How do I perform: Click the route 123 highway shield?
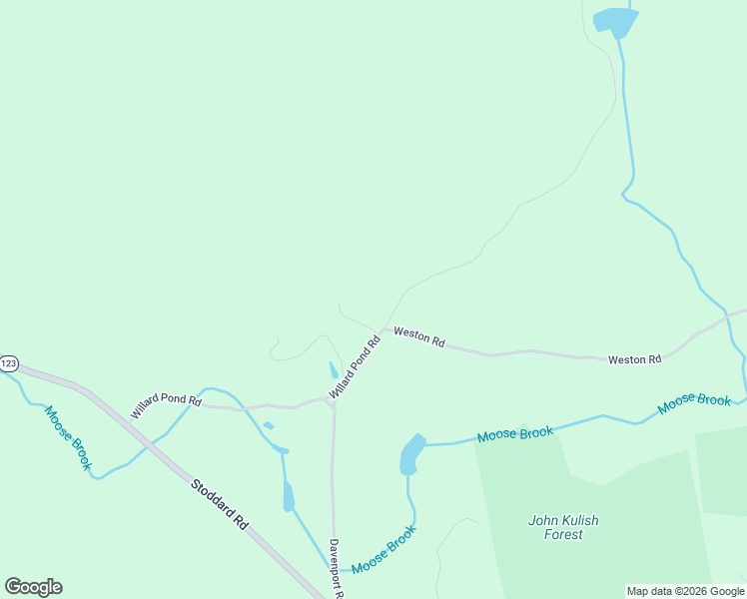(x=8, y=363)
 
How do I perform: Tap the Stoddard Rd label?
(x=219, y=502)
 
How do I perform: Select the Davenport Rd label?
(x=336, y=568)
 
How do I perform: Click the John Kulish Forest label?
(x=563, y=527)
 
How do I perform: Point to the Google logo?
(x=33, y=587)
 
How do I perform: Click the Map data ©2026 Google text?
(x=684, y=591)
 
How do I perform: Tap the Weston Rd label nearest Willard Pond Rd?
(x=418, y=336)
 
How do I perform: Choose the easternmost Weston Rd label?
(x=634, y=359)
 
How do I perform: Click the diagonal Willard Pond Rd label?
(x=356, y=367)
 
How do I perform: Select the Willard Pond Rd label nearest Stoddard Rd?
(x=166, y=405)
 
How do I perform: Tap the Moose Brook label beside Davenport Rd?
(x=382, y=551)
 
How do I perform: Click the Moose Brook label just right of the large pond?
(x=514, y=434)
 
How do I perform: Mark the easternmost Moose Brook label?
(x=694, y=404)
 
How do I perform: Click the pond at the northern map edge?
(x=615, y=20)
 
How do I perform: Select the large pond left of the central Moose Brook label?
(x=410, y=454)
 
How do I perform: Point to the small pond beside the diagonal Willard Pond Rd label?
(x=334, y=370)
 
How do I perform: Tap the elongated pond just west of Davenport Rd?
(x=289, y=495)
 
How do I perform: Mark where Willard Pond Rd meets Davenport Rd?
(x=333, y=404)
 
